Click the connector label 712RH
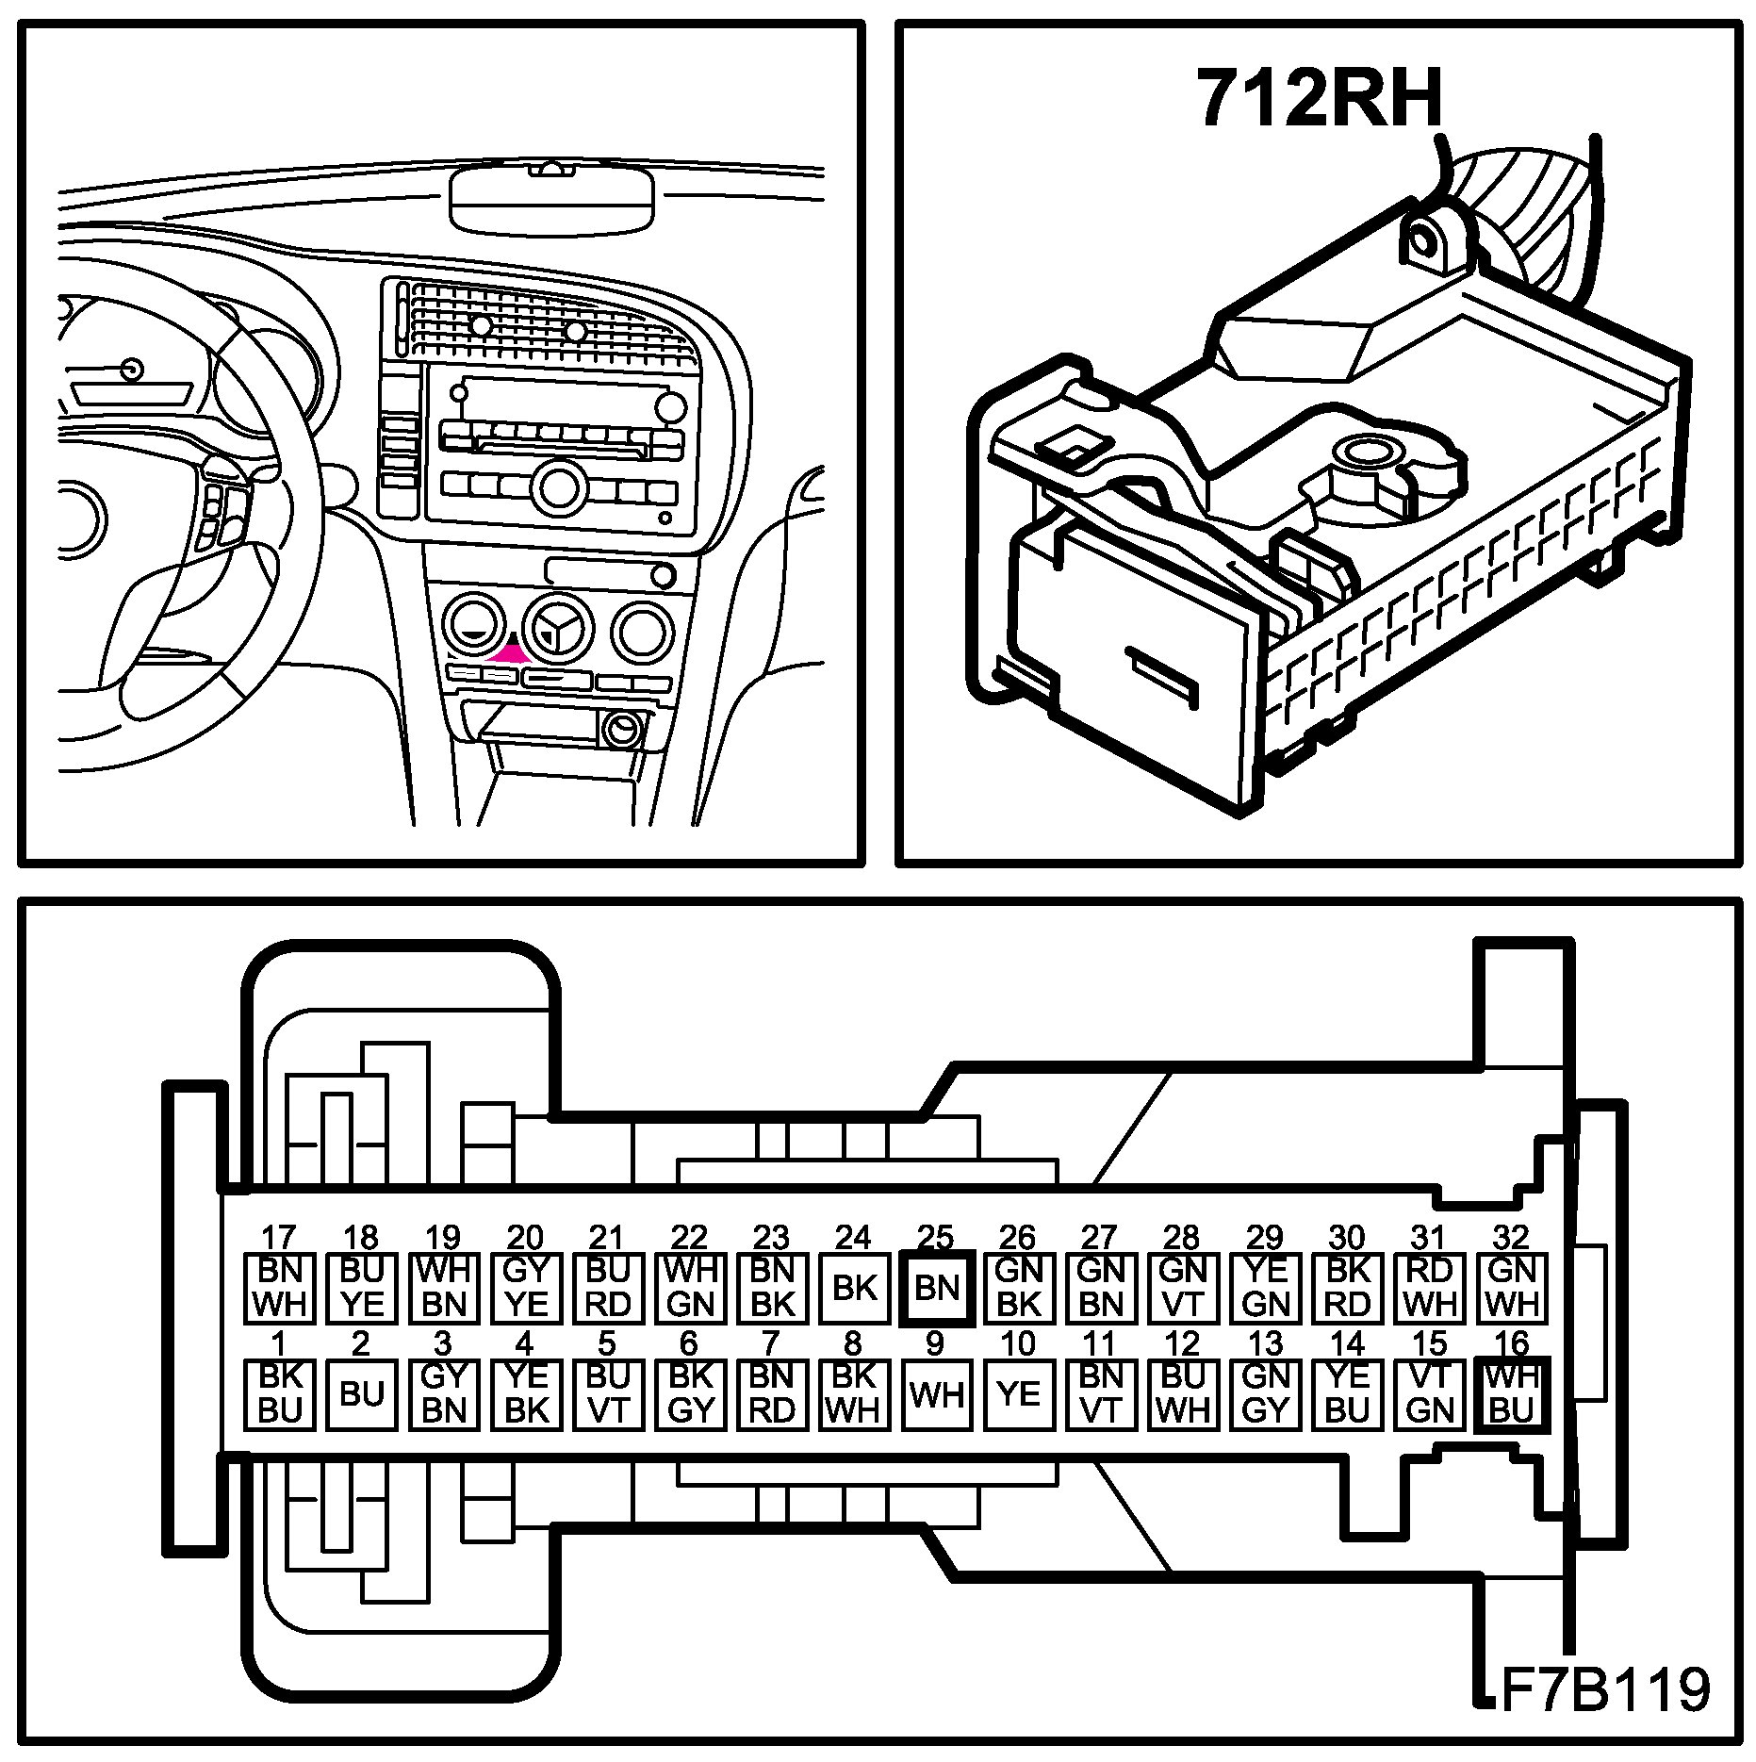click(1320, 97)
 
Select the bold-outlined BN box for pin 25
click(936, 1288)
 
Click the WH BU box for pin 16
click(1512, 1393)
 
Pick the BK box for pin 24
click(855, 1288)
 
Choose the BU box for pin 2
click(361, 1393)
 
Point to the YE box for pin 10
click(1018, 1393)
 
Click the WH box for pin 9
click(936, 1393)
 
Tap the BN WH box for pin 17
click(279, 1288)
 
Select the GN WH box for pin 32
click(1512, 1288)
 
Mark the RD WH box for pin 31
click(1430, 1288)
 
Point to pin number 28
click(1182, 1236)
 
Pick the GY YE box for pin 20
click(525, 1288)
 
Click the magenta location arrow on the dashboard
click(510, 651)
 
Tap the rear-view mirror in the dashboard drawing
click(552, 197)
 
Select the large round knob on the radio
click(557, 486)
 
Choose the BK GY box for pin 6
click(690, 1393)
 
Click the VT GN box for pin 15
click(1430, 1393)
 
